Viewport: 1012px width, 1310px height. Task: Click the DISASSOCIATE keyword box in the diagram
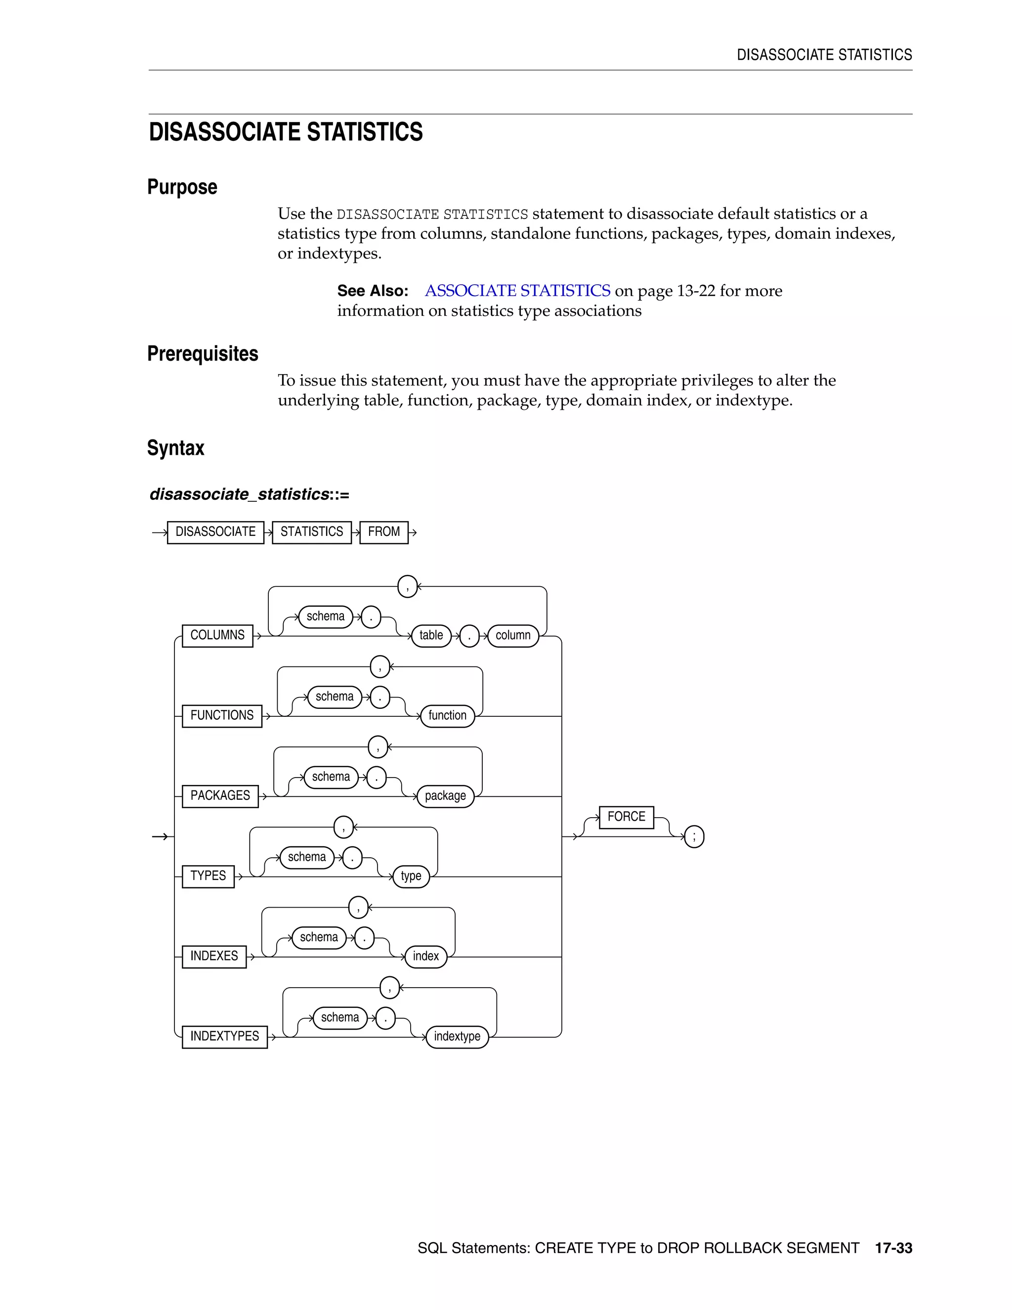click(x=215, y=532)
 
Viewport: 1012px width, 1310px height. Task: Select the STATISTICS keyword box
click(x=311, y=532)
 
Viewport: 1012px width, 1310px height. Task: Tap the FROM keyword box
click(x=383, y=532)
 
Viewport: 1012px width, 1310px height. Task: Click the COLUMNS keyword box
click(x=217, y=635)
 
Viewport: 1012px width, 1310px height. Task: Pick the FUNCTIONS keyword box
click(x=222, y=716)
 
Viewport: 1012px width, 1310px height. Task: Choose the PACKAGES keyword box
click(x=220, y=796)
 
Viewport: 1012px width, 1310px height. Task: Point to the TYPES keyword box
click(x=208, y=876)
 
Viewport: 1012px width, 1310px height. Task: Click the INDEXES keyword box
click(x=214, y=957)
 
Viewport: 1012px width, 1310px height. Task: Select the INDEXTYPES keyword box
click(x=224, y=1037)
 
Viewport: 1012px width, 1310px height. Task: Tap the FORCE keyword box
click(x=626, y=817)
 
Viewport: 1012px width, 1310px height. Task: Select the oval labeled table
click(x=431, y=635)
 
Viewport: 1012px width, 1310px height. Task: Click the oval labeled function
click(x=447, y=716)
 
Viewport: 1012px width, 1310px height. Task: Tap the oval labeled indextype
click(x=457, y=1037)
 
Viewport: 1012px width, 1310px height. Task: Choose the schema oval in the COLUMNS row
click(x=326, y=616)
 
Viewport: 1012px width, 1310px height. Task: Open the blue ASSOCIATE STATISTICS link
click(x=517, y=291)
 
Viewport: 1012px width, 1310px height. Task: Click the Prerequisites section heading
click(x=203, y=354)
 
